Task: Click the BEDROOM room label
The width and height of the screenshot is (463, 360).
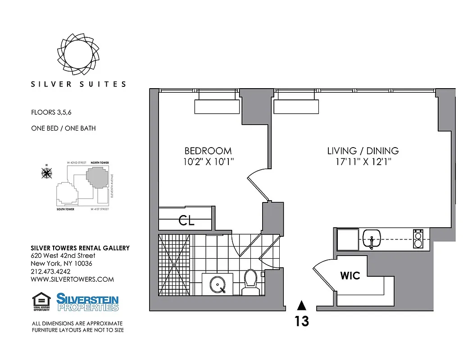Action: pyautogui.click(x=208, y=151)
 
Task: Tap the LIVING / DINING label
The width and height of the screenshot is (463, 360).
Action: pyautogui.click(x=363, y=151)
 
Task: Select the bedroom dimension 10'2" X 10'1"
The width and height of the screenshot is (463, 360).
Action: pyautogui.click(x=208, y=162)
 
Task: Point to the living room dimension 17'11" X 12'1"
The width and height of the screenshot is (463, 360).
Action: pyautogui.click(x=363, y=162)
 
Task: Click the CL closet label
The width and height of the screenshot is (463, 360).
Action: pyautogui.click(x=186, y=221)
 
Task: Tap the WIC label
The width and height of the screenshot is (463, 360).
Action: pyautogui.click(x=350, y=275)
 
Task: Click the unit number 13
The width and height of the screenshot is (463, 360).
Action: pyautogui.click(x=302, y=322)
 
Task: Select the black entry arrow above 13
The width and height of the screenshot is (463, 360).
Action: pyautogui.click(x=302, y=306)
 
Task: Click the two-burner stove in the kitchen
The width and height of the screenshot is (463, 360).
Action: pyautogui.click(x=418, y=239)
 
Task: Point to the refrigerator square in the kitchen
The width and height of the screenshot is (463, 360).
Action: pyautogui.click(x=347, y=238)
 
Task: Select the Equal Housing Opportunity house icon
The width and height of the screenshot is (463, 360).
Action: pyautogui.click(x=41, y=300)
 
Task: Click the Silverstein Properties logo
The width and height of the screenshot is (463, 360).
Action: pyautogui.click(x=87, y=302)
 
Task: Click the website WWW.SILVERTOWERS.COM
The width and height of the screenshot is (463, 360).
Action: pyautogui.click(x=72, y=279)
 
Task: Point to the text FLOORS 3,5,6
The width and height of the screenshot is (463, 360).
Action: pyautogui.click(x=51, y=112)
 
